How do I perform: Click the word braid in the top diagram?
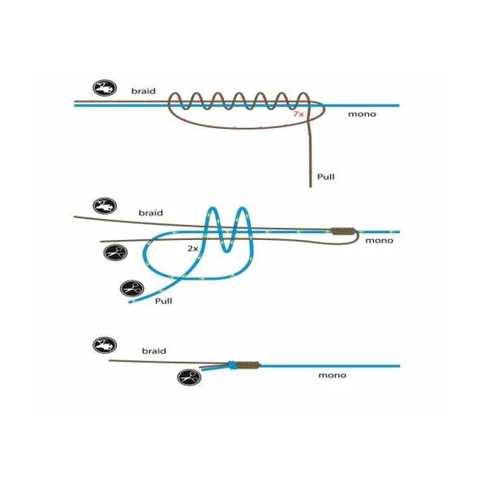point(143,91)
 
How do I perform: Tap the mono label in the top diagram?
point(362,115)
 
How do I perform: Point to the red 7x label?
point(298,114)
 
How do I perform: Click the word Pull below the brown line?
point(326,177)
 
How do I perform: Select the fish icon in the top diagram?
point(104,88)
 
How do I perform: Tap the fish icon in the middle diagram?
point(104,205)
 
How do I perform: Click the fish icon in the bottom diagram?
point(104,345)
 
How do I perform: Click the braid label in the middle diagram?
point(151,213)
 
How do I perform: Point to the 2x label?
point(193,248)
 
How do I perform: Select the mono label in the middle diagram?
point(379,241)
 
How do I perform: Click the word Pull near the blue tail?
point(163,301)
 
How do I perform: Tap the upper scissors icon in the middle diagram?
point(115,253)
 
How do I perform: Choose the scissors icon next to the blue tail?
point(132,288)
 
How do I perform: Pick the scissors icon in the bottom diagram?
point(189,377)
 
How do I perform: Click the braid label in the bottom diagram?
point(154,351)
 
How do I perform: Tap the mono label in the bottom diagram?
point(332,376)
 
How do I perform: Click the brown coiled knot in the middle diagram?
point(343,231)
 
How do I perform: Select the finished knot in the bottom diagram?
point(243,365)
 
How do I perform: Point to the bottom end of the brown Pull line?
point(311,186)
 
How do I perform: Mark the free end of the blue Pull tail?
point(130,301)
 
